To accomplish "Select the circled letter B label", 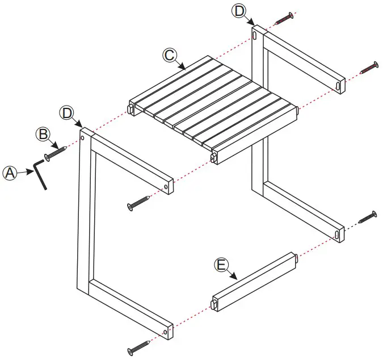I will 42,135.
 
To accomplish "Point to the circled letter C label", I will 169,55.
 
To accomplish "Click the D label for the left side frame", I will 68,112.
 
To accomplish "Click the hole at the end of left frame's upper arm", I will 166,186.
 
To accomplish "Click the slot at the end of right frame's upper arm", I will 339,85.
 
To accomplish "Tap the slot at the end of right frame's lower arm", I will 338,233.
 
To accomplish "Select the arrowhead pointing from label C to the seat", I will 184,68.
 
